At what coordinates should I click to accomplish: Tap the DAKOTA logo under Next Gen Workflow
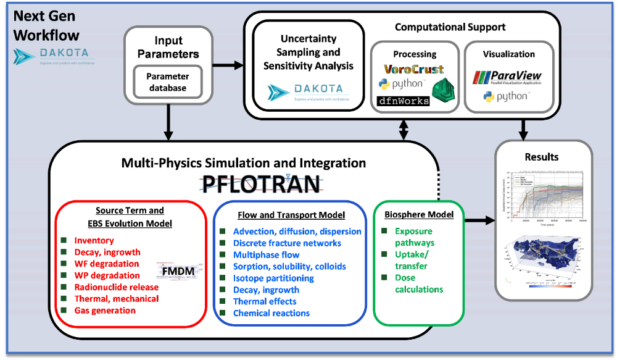(x=52, y=56)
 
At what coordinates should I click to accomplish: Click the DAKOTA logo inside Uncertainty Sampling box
(x=308, y=92)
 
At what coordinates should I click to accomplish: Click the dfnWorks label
(x=403, y=101)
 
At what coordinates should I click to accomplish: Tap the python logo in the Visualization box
(x=506, y=97)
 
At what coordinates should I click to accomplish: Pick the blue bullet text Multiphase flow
(x=266, y=254)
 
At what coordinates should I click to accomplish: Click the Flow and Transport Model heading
(x=291, y=215)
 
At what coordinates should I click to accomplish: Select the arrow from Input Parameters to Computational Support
(x=228, y=64)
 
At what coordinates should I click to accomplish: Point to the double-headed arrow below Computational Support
(x=404, y=129)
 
